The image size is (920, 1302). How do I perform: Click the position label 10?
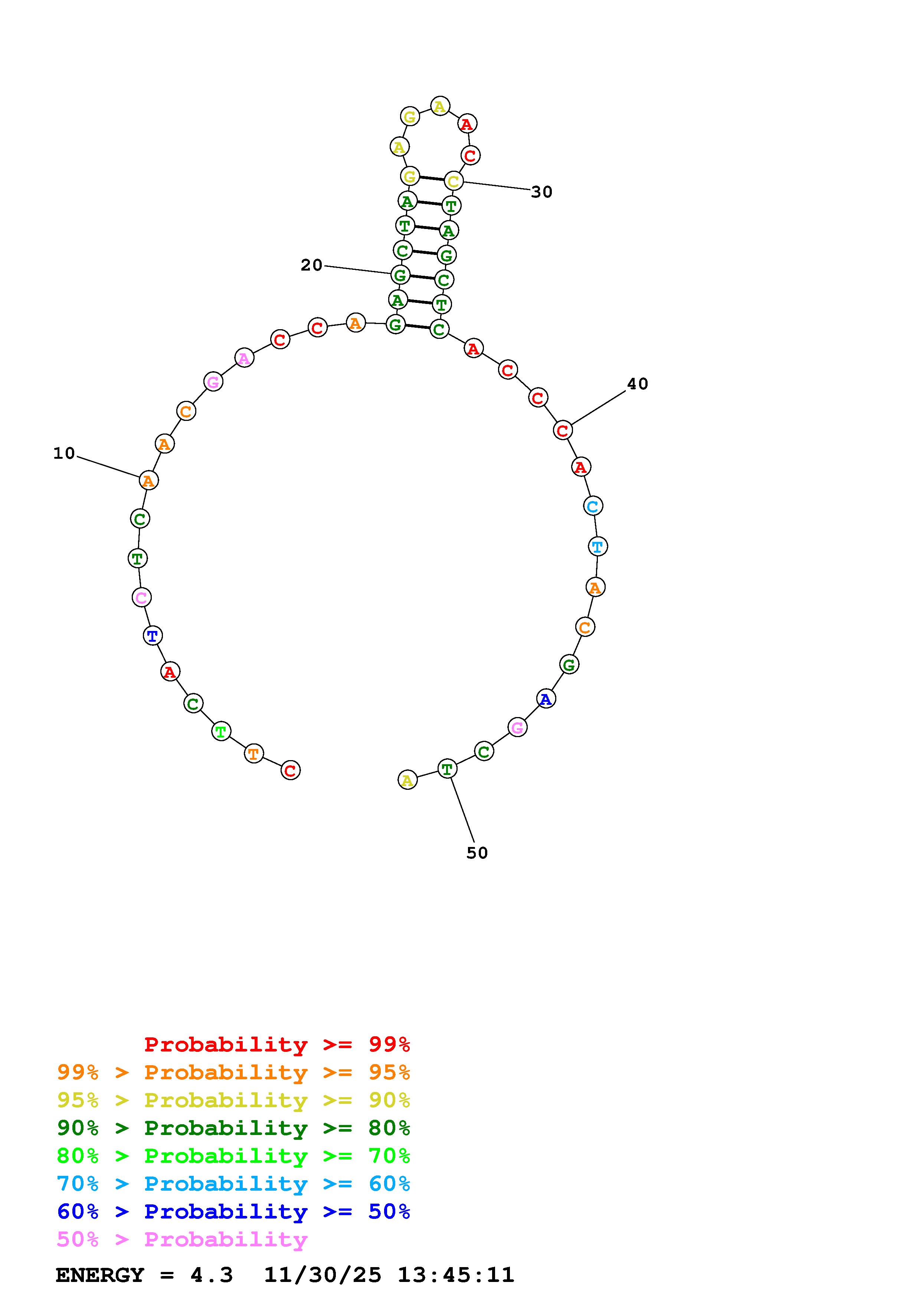[x=64, y=453]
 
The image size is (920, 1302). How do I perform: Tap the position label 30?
[x=541, y=192]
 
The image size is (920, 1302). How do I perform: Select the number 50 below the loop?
[x=477, y=853]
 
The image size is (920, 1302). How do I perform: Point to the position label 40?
[x=637, y=384]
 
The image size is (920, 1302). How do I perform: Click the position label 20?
[x=311, y=265]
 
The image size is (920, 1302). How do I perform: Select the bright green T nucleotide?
[x=221, y=732]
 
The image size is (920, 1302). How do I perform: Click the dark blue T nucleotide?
[x=153, y=636]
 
